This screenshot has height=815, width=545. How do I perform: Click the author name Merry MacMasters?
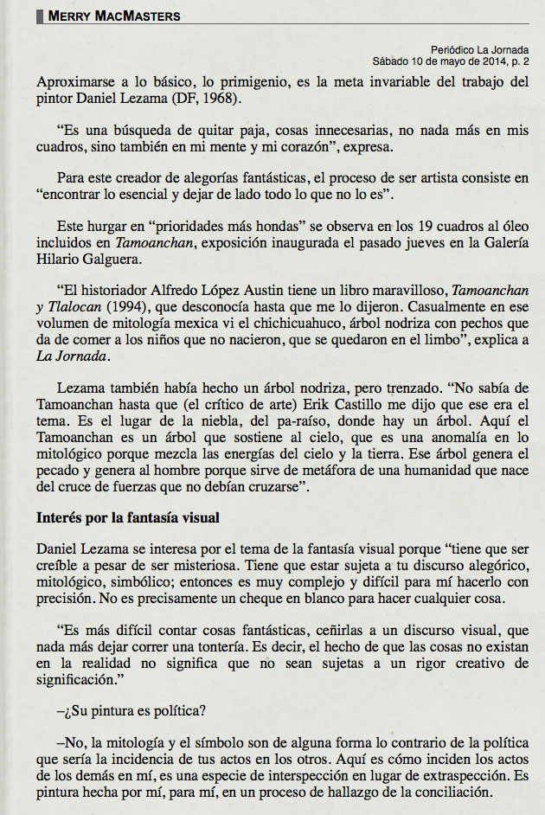coord(114,16)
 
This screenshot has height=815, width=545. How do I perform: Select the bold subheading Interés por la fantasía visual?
coord(128,518)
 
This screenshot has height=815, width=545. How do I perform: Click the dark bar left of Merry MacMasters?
coord(40,16)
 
